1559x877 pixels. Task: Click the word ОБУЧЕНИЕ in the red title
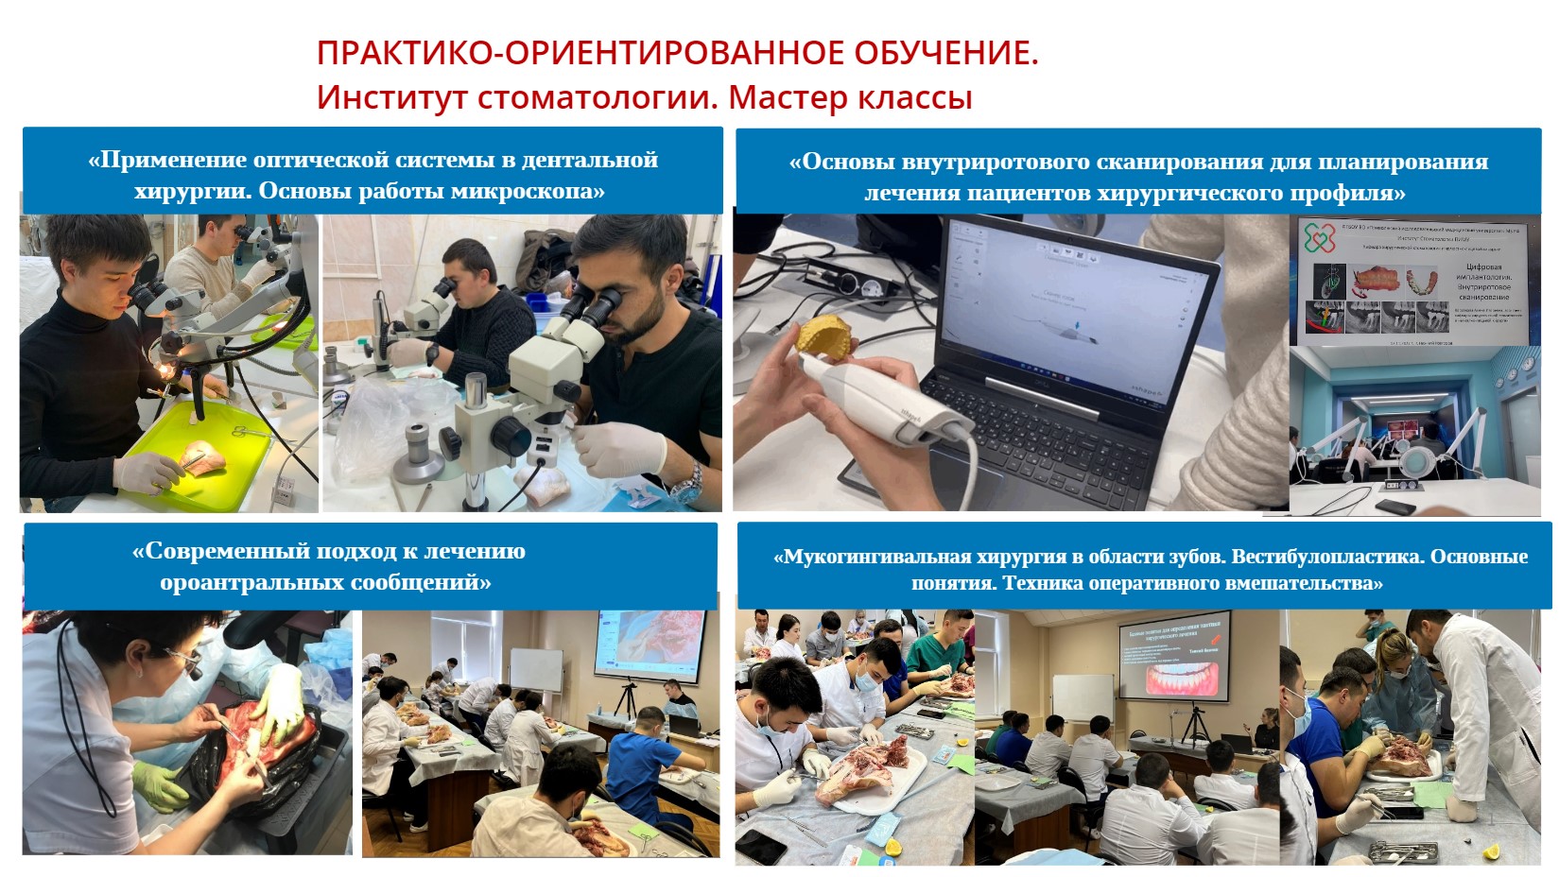pyautogui.click(x=944, y=53)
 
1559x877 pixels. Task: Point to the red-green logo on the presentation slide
pyautogui.click(x=1320, y=237)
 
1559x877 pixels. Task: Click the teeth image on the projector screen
pyautogui.click(x=1172, y=679)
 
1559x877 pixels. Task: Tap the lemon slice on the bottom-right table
pyautogui.click(x=1492, y=852)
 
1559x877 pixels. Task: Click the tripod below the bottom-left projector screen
pyautogui.click(x=625, y=700)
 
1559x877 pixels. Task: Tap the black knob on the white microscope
pyautogui.click(x=510, y=436)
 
